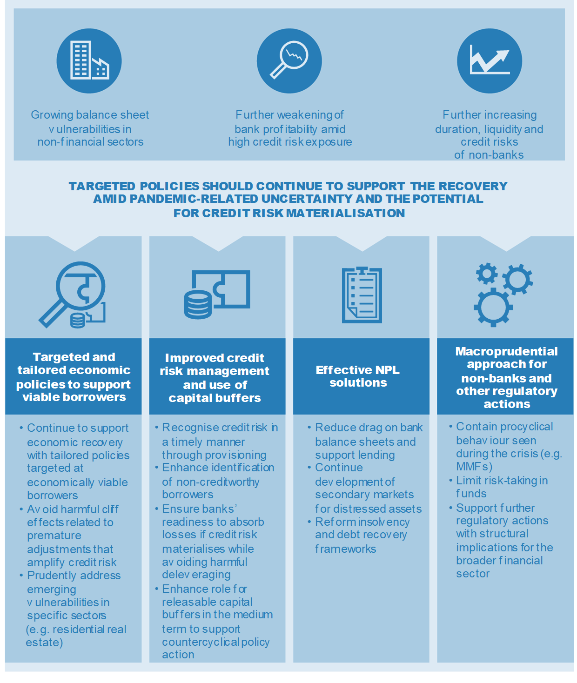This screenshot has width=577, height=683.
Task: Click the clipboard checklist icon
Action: coord(362,295)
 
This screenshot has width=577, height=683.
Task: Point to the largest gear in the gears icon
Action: coord(493,307)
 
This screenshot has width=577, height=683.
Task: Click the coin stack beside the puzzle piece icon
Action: coord(198,304)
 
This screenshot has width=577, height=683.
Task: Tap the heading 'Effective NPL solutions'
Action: coord(358,376)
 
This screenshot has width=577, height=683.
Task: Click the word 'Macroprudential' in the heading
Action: coord(506,351)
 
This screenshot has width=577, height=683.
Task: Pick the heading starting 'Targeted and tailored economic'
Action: coord(74,376)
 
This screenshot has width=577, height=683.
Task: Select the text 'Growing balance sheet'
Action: coord(90,115)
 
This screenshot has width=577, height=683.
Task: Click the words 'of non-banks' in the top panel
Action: coord(489,155)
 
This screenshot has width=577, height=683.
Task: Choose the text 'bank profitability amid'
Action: coord(290,129)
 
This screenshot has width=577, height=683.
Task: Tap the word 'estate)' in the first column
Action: coord(44,642)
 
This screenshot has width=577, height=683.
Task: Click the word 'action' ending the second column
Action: coord(178,654)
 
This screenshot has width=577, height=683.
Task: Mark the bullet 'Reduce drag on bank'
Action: coord(365,427)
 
